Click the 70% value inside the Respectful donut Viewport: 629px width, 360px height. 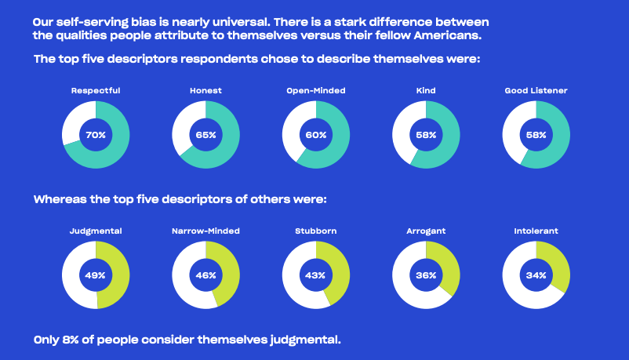click(x=96, y=135)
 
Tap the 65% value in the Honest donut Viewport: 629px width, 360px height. click(x=205, y=135)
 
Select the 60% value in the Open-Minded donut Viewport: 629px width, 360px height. click(x=316, y=135)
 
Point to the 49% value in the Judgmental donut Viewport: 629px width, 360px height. click(x=96, y=275)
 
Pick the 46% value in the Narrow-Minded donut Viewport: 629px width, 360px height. click(x=205, y=275)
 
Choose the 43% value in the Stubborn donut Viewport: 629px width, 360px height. click(x=316, y=275)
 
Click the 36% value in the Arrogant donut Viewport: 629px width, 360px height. click(x=426, y=275)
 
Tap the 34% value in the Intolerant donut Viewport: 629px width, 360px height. click(x=536, y=275)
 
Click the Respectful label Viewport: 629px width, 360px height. click(x=96, y=91)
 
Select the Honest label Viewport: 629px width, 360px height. click(x=205, y=91)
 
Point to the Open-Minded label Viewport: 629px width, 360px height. click(x=316, y=91)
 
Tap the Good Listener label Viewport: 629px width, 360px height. click(x=536, y=91)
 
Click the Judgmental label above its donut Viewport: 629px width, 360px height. click(x=96, y=231)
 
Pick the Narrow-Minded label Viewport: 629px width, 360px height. click(x=205, y=231)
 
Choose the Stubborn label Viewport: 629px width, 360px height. click(x=316, y=231)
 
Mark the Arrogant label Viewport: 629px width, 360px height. click(x=426, y=231)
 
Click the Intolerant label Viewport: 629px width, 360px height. click(x=536, y=231)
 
